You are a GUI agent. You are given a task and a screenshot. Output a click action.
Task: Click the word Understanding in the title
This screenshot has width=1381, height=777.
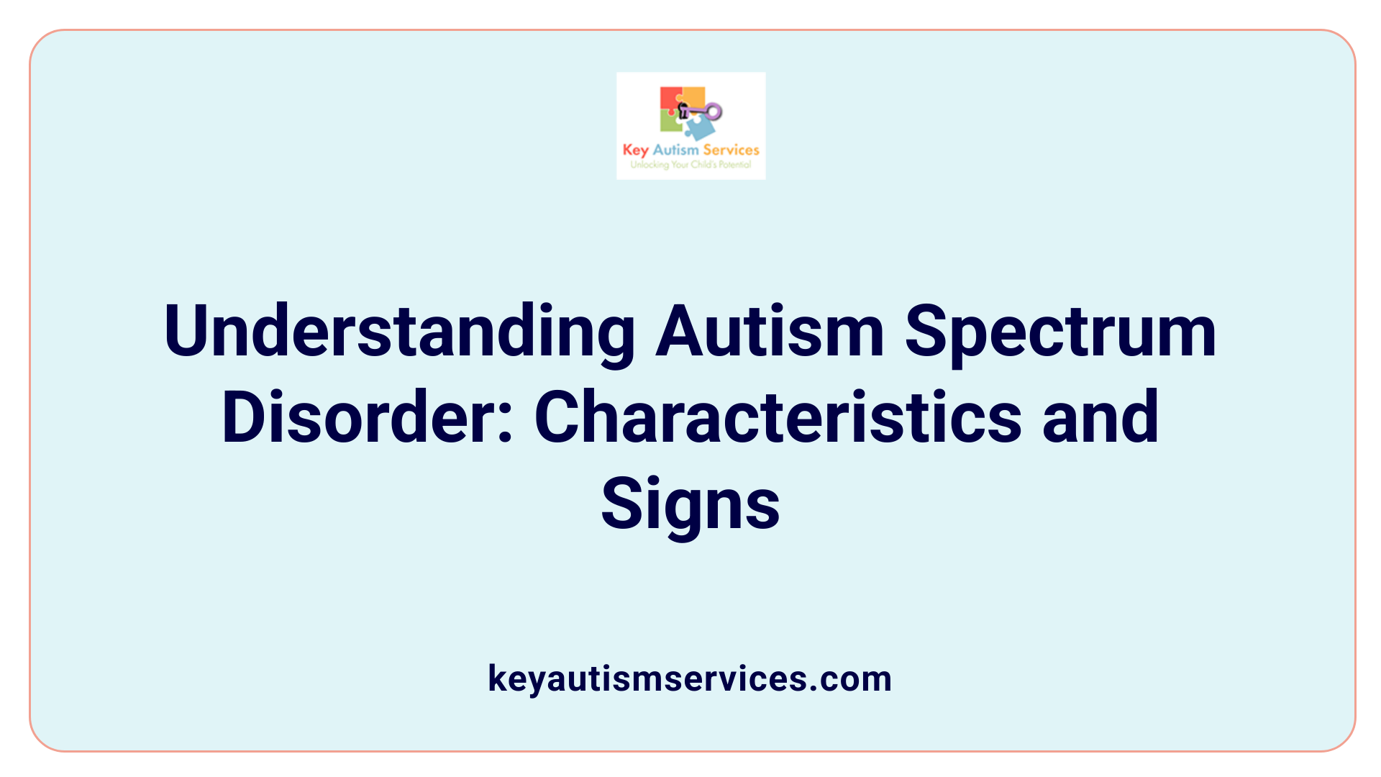[x=399, y=332]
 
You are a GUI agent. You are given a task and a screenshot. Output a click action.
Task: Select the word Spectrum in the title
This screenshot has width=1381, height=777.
[x=1060, y=332]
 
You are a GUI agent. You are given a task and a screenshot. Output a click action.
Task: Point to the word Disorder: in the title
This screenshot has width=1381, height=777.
[x=368, y=417]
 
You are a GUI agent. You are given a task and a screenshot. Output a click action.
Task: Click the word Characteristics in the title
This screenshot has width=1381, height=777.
[x=778, y=417]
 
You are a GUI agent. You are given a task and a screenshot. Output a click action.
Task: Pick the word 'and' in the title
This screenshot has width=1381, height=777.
[x=1100, y=417]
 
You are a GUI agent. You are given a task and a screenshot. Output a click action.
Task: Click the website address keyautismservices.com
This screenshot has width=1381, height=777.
[x=690, y=678]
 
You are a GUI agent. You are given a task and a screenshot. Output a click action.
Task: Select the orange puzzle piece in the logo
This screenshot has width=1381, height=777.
[x=694, y=96]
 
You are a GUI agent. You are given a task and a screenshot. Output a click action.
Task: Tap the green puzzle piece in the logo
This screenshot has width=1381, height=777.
[x=670, y=122]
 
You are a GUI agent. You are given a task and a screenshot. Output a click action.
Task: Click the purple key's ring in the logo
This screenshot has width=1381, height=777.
[x=714, y=111]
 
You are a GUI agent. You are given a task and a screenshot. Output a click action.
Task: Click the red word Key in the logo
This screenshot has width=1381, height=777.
[x=636, y=150]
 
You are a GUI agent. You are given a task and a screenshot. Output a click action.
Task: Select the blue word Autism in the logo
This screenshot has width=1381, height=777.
[x=675, y=150]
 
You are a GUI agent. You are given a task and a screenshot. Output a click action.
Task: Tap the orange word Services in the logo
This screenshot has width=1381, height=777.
[x=731, y=150]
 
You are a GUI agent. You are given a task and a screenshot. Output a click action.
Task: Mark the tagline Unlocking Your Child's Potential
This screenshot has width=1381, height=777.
[x=690, y=165]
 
